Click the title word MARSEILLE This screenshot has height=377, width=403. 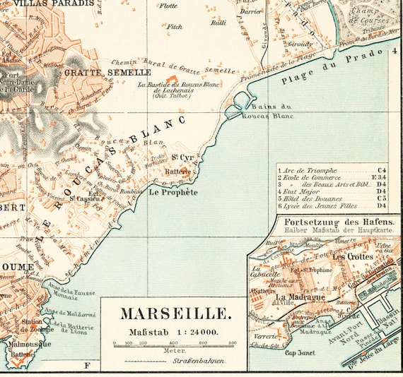click(173, 313)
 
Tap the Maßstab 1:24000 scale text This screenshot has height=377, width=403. click(173, 331)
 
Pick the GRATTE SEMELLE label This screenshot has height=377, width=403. click(107, 73)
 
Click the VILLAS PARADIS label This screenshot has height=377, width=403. click(53, 4)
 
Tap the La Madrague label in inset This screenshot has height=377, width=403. click(300, 297)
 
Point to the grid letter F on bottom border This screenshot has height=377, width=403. click(87, 365)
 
